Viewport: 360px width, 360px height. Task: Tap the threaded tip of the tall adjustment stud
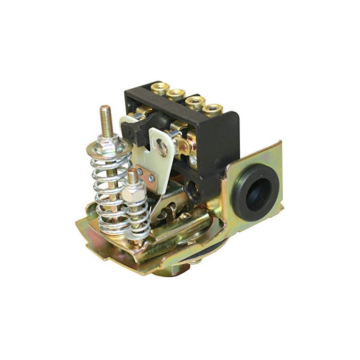tap(105, 115)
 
